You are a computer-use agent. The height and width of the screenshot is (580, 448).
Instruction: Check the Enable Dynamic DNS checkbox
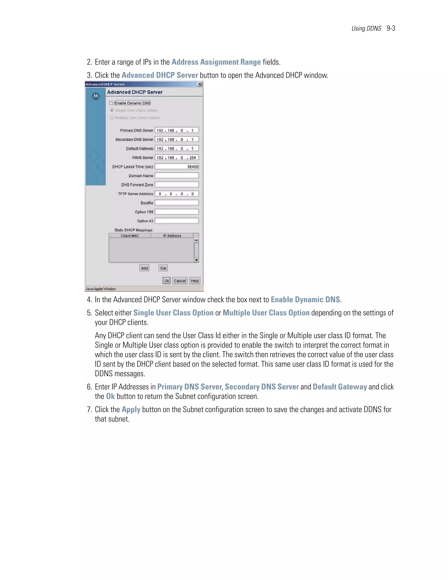click(111, 103)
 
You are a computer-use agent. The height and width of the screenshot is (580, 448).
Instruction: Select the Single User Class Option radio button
click(112, 110)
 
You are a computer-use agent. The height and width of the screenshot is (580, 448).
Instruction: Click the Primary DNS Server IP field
click(177, 130)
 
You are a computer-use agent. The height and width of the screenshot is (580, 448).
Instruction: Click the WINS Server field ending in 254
click(177, 158)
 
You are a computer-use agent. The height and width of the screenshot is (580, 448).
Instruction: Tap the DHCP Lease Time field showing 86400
click(177, 167)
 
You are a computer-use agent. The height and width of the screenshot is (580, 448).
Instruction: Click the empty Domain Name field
click(177, 176)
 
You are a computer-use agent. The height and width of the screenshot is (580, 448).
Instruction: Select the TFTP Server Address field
click(177, 194)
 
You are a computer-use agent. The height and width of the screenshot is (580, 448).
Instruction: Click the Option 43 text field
click(177, 221)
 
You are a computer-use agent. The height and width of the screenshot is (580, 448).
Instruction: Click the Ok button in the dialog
click(166, 281)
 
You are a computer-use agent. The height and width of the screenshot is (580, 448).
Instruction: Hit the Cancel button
click(180, 281)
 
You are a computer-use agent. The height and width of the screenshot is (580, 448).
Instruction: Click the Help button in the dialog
click(194, 281)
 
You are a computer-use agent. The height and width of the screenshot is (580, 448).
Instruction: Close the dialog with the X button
click(200, 84)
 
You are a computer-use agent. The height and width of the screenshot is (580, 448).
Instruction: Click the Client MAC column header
click(130, 236)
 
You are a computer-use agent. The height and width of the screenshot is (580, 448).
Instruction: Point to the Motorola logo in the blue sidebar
click(96, 96)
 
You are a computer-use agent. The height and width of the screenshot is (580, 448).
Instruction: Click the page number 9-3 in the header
click(391, 28)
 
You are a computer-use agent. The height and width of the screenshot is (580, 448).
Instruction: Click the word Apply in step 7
click(131, 410)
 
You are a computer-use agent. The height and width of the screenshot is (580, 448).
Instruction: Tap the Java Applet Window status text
click(101, 289)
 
